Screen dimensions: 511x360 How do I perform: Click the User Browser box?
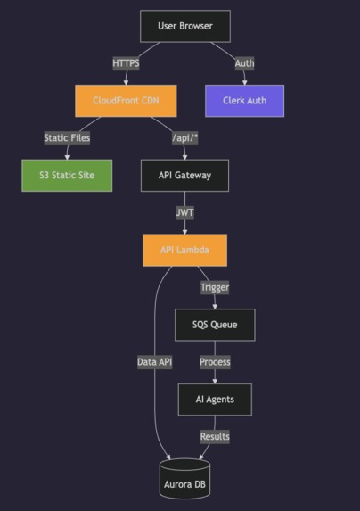click(185, 26)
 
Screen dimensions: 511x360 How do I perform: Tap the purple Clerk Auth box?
click(243, 101)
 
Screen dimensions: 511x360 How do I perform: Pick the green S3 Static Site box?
click(67, 176)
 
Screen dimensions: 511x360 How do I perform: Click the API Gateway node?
click(185, 176)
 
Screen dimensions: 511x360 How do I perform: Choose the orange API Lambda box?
click(185, 251)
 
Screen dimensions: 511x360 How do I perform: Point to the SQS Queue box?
click(215, 325)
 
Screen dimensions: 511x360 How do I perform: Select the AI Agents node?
click(215, 399)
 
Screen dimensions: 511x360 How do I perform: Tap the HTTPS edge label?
click(127, 63)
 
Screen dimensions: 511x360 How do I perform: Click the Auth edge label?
click(244, 63)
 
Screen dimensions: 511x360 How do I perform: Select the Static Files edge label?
click(67, 138)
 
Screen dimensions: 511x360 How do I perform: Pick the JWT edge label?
click(185, 213)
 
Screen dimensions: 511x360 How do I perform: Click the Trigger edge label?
click(215, 287)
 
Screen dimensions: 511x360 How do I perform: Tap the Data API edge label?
click(155, 362)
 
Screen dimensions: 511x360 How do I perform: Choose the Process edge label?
click(215, 362)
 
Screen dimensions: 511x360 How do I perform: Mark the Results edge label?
click(215, 436)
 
